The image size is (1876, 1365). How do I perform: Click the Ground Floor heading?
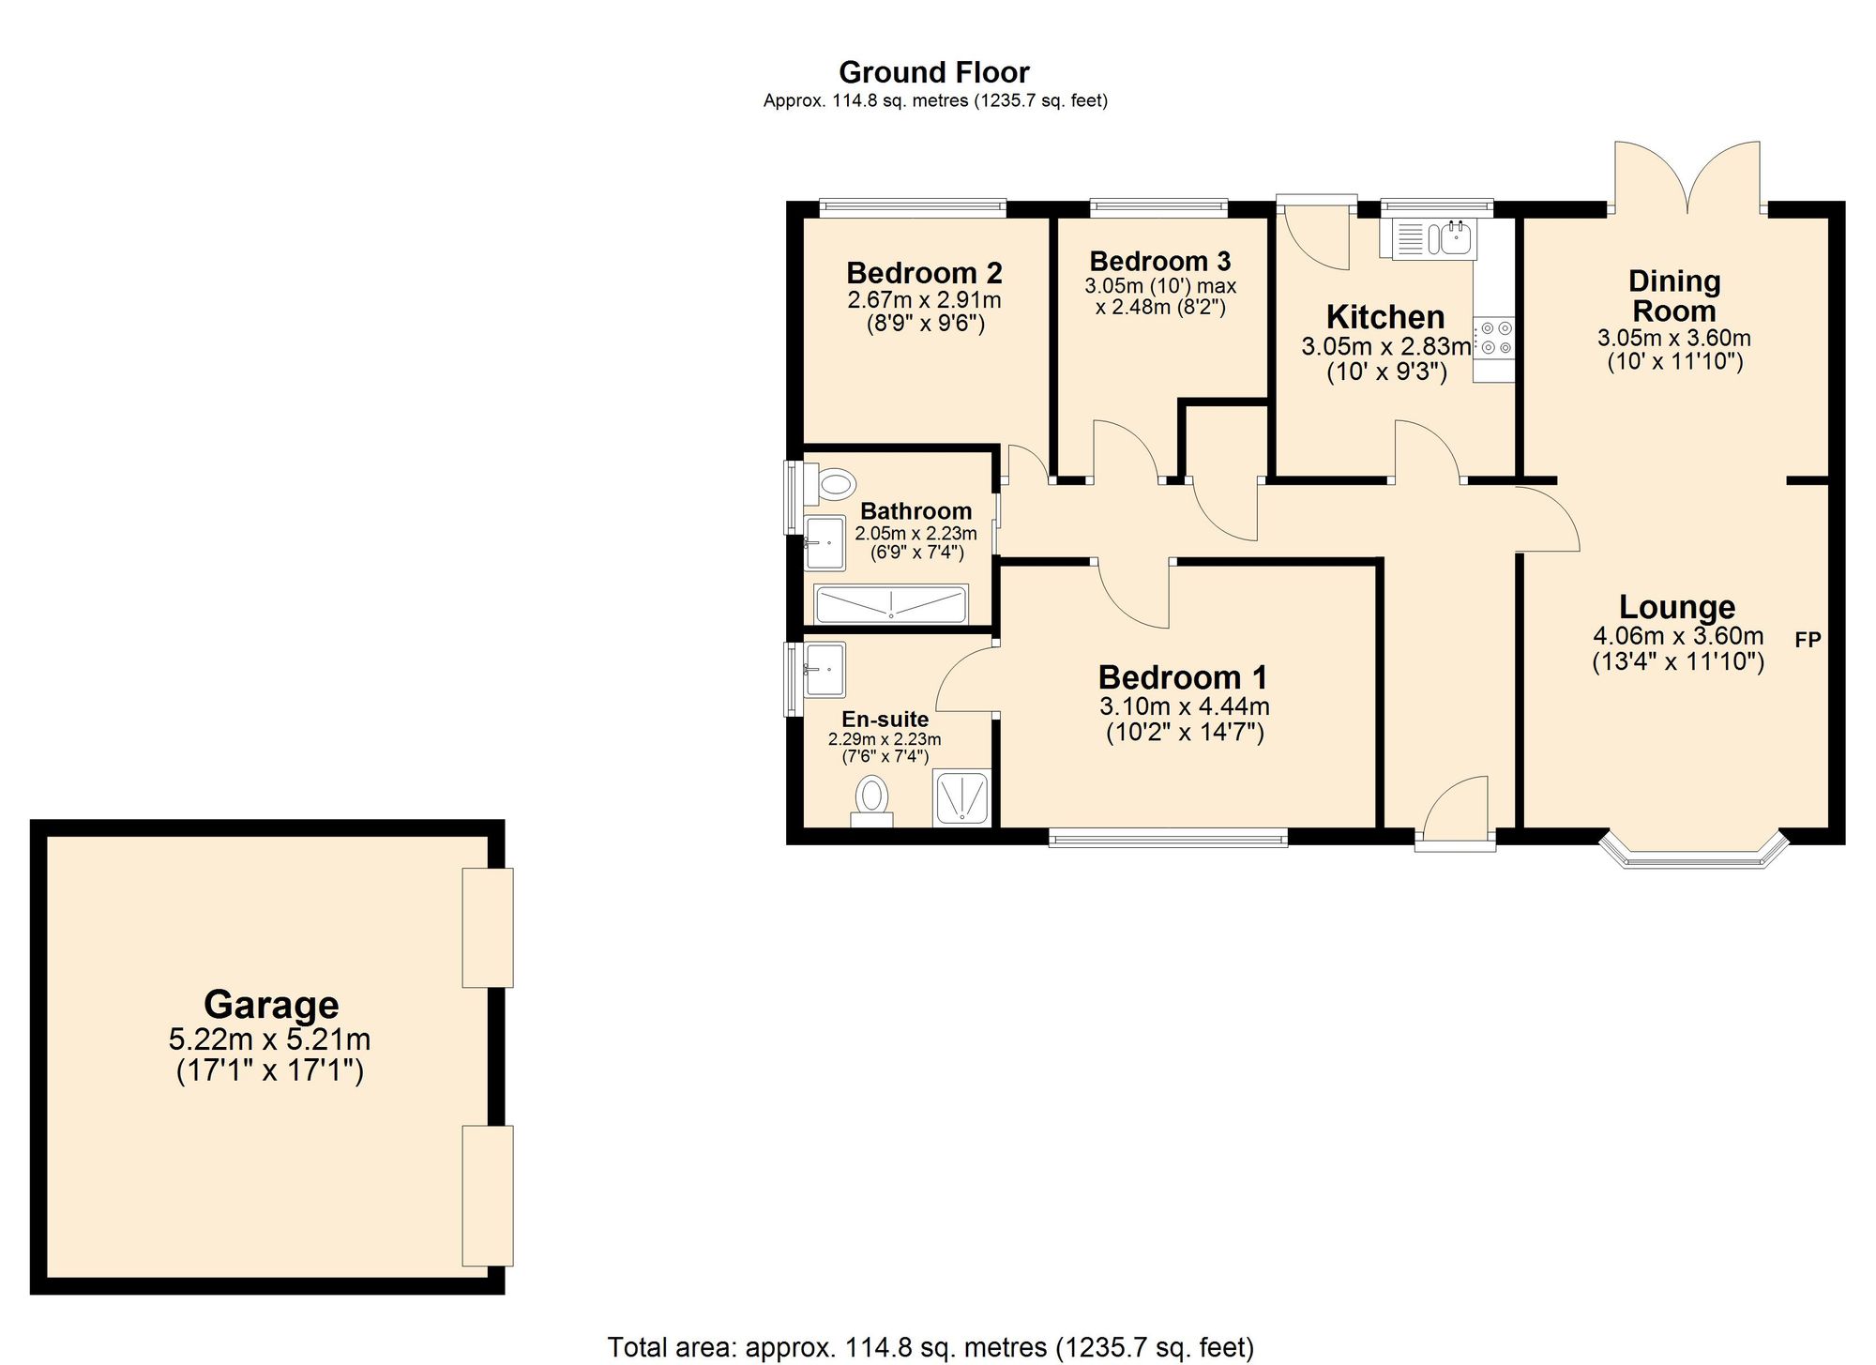(933, 72)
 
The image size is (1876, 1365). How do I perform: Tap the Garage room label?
(271, 1005)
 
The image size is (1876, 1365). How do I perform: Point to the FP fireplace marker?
(1808, 640)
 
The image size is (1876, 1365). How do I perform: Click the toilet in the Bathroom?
(833, 485)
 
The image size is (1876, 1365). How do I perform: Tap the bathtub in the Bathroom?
(890, 604)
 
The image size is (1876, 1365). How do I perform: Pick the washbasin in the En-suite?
(825, 669)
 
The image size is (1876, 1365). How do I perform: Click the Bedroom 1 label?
(1183, 676)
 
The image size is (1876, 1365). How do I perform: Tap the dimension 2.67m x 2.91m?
(924, 300)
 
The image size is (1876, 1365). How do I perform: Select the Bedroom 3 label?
(1160, 261)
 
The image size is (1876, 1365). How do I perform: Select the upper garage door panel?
(488, 927)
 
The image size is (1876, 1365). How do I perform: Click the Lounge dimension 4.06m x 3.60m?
(1678, 636)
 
